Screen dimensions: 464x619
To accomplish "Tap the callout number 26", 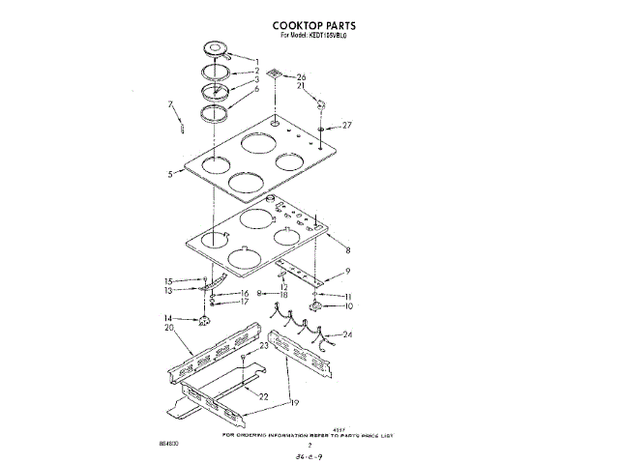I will [301, 76].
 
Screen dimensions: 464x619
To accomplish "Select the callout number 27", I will [348, 125].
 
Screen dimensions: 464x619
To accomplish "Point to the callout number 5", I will [169, 175].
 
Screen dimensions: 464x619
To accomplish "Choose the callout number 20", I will [169, 329].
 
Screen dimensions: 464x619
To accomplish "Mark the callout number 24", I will [347, 335].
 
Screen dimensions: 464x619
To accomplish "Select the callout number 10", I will [348, 306].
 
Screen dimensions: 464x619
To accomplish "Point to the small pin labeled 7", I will [180, 125].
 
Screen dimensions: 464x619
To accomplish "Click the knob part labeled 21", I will [320, 104].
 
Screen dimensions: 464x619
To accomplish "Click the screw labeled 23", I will [244, 357].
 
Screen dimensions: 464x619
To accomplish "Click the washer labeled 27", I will [320, 127].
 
